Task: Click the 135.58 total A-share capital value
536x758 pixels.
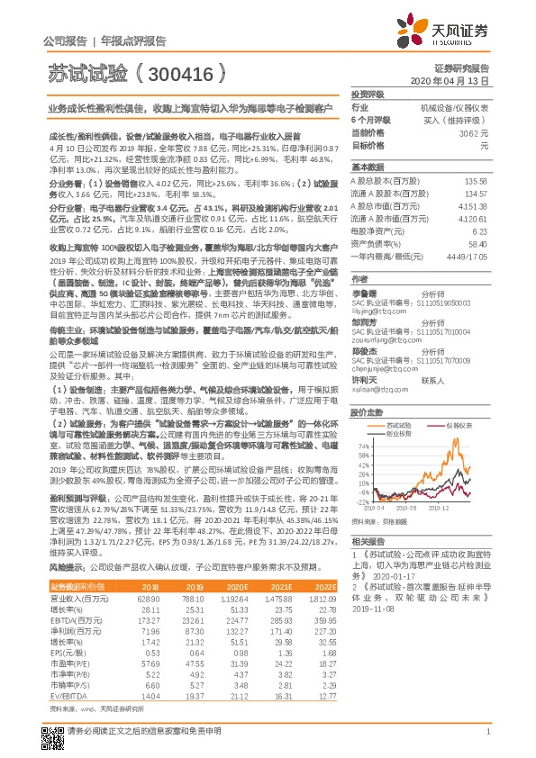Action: (x=475, y=180)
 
